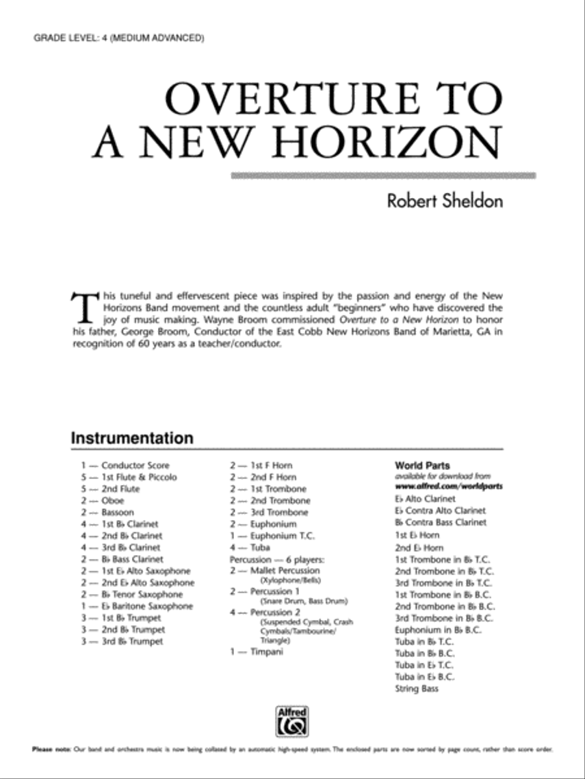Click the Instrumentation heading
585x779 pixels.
click(132, 438)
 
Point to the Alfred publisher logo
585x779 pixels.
click(292, 719)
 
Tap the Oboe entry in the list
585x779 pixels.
click(112, 501)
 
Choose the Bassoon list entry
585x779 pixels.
click(118, 512)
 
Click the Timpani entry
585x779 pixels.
click(266, 652)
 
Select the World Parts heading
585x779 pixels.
click(422, 465)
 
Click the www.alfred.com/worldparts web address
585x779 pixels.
click(448, 486)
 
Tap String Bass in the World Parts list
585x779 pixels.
click(417, 689)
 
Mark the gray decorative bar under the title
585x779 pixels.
click(384, 175)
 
